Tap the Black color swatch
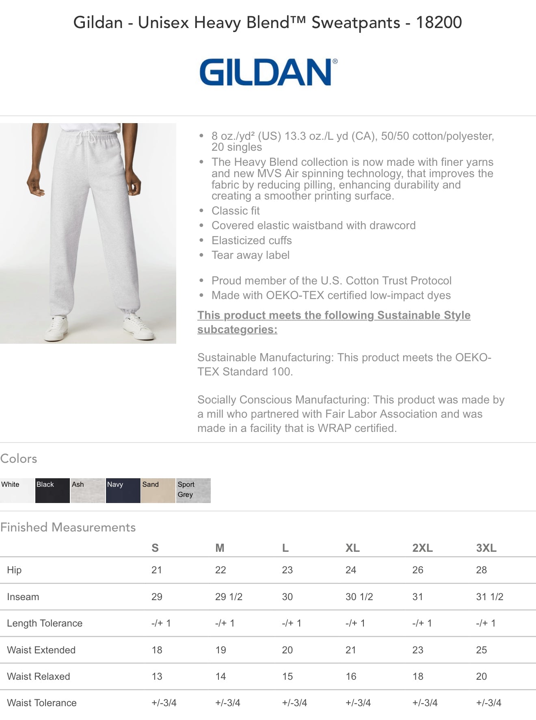click(x=52, y=490)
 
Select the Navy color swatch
click(x=123, y=490)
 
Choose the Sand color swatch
click(x=158, y=490)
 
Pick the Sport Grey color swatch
click(x=193, y=490)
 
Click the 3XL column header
click(x=486, y=548)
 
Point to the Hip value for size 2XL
click(x=417, y=570)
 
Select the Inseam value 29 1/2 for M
click(x=229, y=597)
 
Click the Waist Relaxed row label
click(x=39, y=677)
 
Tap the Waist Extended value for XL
click(x=351, y=650)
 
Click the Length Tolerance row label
click(x=45, y=623)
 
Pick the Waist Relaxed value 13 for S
click(x=157, y=677)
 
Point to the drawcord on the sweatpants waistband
click(x=87, y=136)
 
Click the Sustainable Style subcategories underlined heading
click(x=333, y=322)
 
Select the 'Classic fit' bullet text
click(x=236, y=211)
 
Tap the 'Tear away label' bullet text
click(x=251, y=255)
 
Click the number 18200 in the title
click(x=439, y=22)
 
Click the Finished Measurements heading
click(x=68, y=527)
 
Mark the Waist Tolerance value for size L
click(x=294, y=703)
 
